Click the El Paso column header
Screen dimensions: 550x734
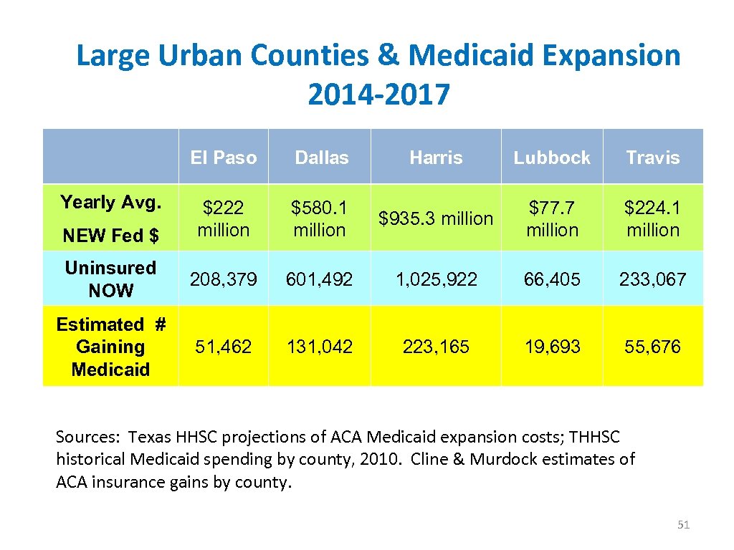coord(223,158)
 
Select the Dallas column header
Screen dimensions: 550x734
coord(321,158)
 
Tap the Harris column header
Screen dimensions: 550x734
coord(436,158)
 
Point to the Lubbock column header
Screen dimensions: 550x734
coord(552,158)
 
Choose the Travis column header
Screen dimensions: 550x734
coord(652,158)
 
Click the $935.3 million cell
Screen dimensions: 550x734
coord(436,218)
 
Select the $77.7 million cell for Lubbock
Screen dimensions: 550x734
coord(552,218)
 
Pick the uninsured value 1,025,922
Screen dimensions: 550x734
coord(436,279)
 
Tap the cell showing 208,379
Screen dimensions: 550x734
coord(223,279)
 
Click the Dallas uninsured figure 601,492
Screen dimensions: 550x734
coord(320,279)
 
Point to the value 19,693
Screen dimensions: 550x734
coord(552,347)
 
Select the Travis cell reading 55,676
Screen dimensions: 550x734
coord(652,347)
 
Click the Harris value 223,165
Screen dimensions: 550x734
coord(436,347)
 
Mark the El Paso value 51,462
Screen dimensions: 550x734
coord(223,347)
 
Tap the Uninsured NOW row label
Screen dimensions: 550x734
coord(110,279)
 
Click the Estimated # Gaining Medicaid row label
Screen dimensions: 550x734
coord(110,347)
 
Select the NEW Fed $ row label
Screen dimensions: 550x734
coord(110,235)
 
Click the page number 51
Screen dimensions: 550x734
coord(683,525)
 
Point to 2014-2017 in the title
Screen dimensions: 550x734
coord(378,94)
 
